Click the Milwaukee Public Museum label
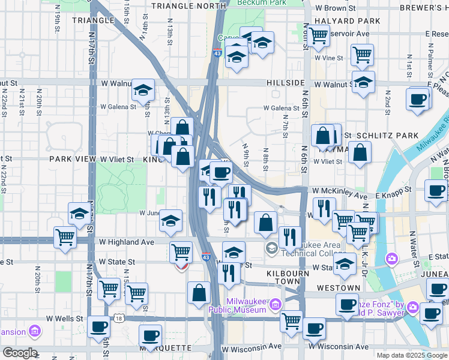(x=246, y=305)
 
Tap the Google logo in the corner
(x=19, y=353)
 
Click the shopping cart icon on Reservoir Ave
(x=318, y=35)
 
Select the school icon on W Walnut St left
(x=143, y=91)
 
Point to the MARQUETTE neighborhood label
(x=165, y=348)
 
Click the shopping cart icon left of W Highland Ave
(x=65, y=236)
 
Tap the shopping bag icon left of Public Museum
(x=199, y=293)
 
